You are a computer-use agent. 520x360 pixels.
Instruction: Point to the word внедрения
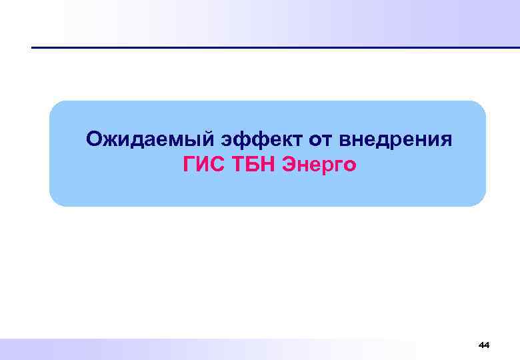[x=395, y=140]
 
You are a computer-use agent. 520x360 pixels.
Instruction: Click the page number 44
[x=484, y=345]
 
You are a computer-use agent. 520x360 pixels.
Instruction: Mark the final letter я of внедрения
[x=446, y=141]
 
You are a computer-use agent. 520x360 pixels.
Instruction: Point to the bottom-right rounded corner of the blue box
[x=479, y=199]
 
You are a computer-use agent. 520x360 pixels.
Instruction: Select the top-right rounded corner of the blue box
[x=479, y=107]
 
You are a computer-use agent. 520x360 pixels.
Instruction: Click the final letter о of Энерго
[x=351, y=165]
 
